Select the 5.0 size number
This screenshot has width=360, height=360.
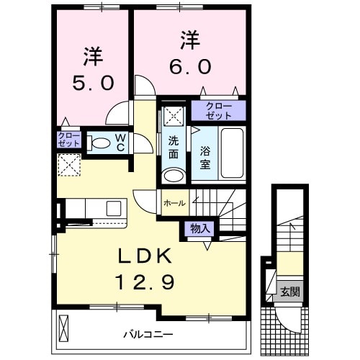[x=93, y=84]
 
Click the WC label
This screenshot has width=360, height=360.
[x=120, y=142]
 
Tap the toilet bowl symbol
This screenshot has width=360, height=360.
[x=98, y=142]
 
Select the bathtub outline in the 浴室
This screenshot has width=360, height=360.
[x=231, y=152]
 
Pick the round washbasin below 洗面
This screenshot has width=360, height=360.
[x=173, y=175]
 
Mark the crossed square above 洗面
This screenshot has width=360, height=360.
[x=173, y=115]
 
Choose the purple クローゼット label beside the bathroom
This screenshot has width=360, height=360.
[x=218, y=111]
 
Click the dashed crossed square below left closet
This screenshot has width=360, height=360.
[x=69, y=165]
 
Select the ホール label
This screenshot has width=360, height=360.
[x=174, y=203]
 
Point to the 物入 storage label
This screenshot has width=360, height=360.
[x=199, y=228]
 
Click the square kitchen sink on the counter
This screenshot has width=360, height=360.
[x=114, y=208]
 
